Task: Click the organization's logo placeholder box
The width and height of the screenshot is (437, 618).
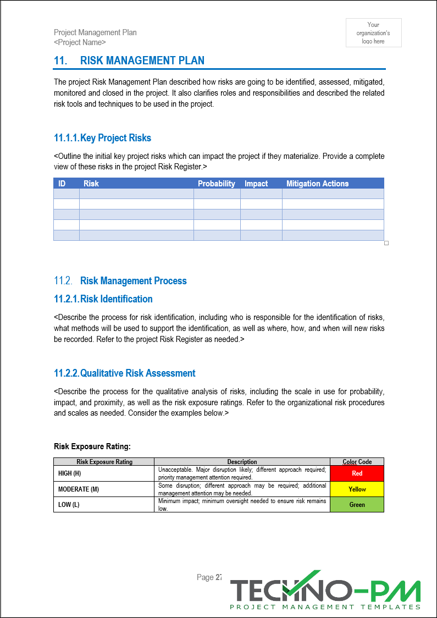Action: point(373,33)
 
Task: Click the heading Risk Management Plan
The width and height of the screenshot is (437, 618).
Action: point(142,60)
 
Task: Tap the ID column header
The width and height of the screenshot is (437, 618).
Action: point(62,184)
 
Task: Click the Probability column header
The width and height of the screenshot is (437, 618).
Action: point(216,184)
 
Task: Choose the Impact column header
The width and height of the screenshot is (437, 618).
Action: point(256,184)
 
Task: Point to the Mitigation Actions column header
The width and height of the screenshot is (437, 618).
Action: point(317,184)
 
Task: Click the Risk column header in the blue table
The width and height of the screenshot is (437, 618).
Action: point(91,184)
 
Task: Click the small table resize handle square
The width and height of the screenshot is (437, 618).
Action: point(386,243)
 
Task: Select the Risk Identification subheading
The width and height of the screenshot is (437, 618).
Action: point(116,299)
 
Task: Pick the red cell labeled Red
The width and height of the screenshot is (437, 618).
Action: point(357,473)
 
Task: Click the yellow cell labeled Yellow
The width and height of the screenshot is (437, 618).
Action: point(357,489)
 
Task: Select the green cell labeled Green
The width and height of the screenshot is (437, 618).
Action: point(357,505)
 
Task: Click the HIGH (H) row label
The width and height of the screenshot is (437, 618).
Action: point(70,473)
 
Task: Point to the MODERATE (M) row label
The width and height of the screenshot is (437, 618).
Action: point(79,489)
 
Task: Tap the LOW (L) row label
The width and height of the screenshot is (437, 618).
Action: point(69,505)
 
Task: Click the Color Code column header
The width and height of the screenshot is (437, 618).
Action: point(357,462)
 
